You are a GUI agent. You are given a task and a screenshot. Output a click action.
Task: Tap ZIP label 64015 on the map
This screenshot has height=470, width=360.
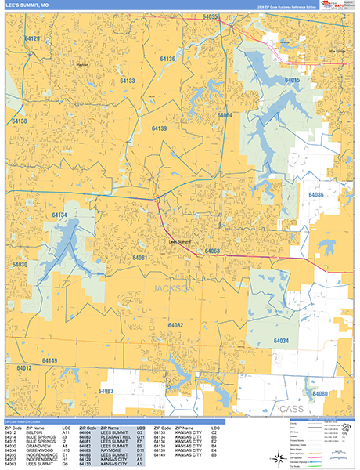click(293, 81)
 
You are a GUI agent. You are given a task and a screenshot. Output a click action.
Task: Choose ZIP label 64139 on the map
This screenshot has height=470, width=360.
click(159, 128)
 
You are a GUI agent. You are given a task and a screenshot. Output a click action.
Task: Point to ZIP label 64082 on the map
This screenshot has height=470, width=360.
click(175, 324)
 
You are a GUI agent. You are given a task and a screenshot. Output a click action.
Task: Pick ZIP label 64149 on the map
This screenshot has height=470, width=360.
click(49, 360)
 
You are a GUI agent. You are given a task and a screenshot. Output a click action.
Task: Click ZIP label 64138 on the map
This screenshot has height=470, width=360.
click(19, 121)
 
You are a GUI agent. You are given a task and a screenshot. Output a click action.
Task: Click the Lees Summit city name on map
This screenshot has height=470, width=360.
click(180, 242)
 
